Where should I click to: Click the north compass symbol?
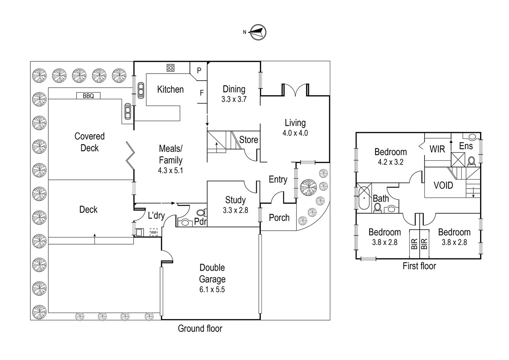258,32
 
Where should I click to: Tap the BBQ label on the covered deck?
88,96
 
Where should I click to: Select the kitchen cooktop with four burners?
171,68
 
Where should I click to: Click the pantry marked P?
199,71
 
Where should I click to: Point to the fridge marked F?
202,93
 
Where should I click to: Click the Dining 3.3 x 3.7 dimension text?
234,99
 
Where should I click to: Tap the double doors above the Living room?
295,89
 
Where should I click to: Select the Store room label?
249,140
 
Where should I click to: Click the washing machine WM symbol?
153,232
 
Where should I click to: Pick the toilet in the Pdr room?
201,213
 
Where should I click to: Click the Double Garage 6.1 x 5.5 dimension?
212,290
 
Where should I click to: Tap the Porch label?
279,218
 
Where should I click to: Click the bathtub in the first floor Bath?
364,198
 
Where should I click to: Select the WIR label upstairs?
437,149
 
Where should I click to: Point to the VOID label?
443,185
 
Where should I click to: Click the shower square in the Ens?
458,159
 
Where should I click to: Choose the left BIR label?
414,244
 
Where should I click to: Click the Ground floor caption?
200,329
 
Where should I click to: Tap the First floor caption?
419,266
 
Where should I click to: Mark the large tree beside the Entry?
308,187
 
